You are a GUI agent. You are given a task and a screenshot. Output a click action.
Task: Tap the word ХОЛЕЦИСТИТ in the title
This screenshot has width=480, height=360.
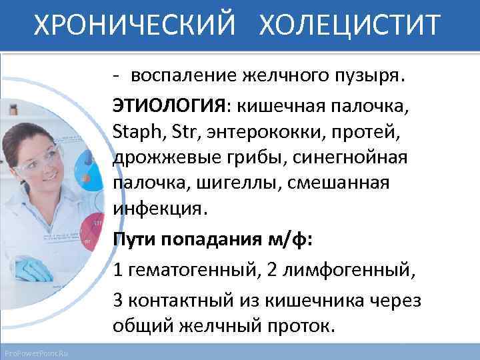coord(349,26)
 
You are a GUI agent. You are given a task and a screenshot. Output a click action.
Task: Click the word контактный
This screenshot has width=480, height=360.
coord(175,300)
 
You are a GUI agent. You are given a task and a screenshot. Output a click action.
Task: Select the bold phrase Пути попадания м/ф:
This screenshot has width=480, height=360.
coord(211,240)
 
